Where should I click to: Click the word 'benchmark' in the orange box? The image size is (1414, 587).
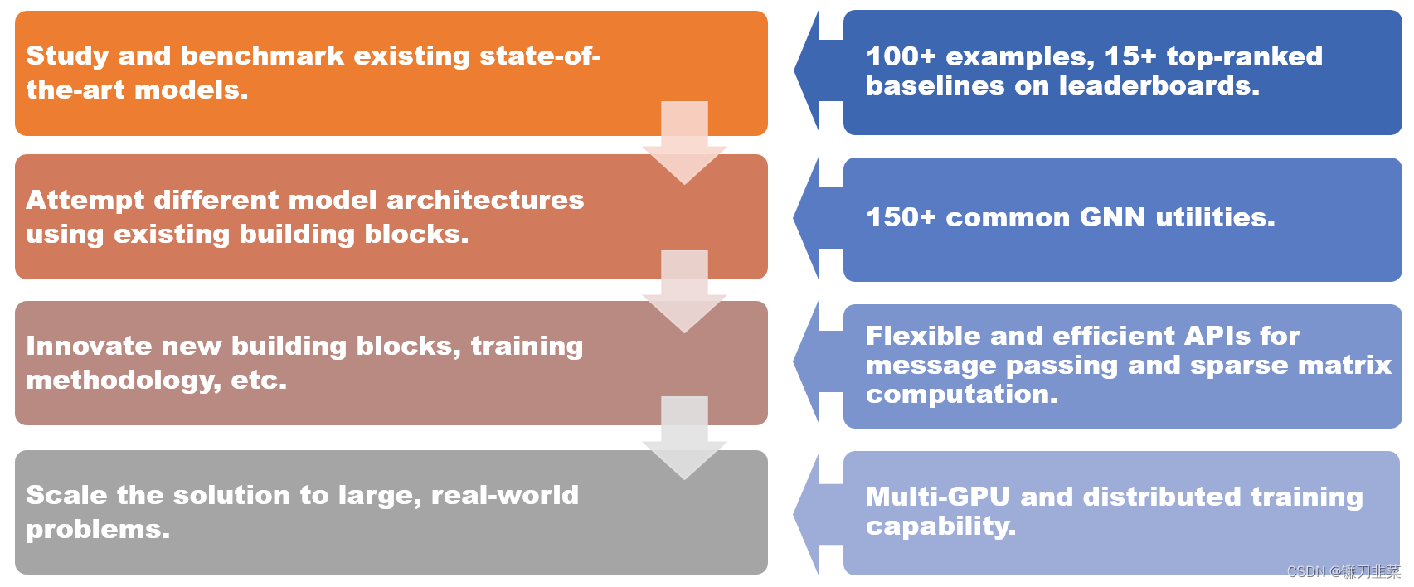coord(262,56)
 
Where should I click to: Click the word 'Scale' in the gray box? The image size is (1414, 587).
coord(66,495)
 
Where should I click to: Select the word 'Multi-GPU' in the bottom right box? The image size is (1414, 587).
coord(938,497)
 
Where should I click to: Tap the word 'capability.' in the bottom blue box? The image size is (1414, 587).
coord(940,526)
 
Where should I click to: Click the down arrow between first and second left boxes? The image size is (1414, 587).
coord(684,145)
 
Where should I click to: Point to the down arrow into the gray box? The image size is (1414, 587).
coord(684,440)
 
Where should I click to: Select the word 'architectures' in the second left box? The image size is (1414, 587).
coord(485,200)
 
